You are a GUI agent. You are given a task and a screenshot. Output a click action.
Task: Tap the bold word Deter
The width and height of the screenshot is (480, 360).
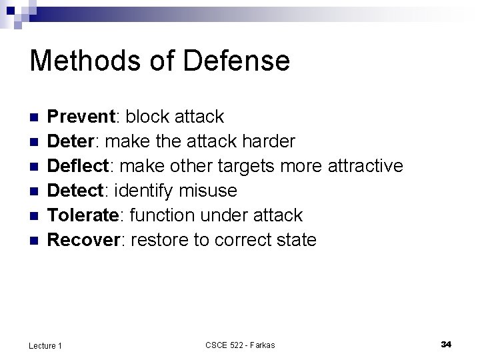click(x=74, y=142)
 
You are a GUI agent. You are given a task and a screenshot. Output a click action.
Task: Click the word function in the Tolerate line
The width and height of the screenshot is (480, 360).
click(x=160, y=215)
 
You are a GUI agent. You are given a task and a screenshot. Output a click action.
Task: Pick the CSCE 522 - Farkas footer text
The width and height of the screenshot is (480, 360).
click(x=240, y=345)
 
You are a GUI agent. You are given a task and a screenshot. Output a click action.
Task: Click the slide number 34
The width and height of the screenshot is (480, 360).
click(x=446, y=344)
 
